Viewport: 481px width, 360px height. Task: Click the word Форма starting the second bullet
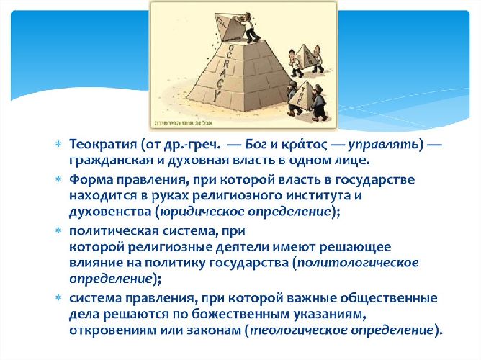tap(90, 179)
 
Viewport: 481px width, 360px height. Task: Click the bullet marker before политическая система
tap(59, 231)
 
